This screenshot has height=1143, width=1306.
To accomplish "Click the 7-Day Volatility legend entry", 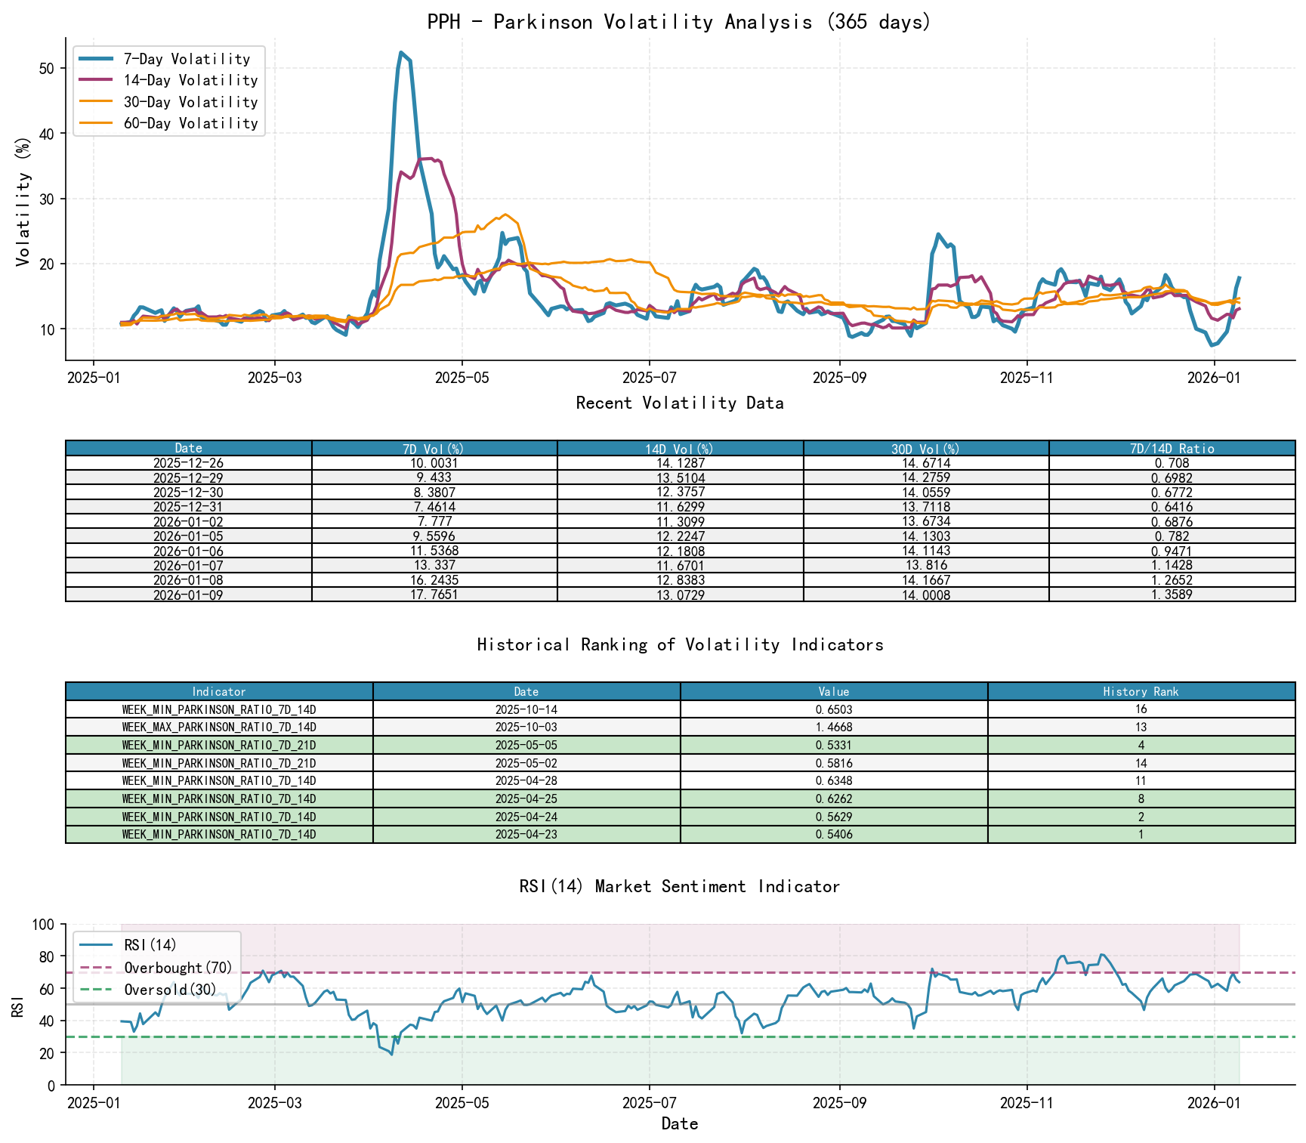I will point(187,59).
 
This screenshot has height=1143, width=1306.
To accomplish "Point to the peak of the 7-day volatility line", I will point(401,52).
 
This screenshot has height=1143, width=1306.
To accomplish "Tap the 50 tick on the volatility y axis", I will point(47,68).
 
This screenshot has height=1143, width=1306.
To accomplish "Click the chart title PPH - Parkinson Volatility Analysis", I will point(679,22).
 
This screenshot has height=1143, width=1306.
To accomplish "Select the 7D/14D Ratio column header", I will point(1172,449).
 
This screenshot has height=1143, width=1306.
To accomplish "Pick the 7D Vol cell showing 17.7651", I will point(434,595).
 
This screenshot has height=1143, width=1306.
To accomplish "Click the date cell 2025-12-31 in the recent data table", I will point(188,507).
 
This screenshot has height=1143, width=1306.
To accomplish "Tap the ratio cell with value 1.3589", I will point(1172,595).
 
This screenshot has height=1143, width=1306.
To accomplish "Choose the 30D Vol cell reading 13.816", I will point(926,566).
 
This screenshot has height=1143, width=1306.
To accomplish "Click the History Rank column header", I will point(1141,691).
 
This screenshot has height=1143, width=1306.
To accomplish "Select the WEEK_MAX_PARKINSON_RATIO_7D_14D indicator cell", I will point(219,728).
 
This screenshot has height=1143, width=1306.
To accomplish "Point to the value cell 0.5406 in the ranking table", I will point(834,835).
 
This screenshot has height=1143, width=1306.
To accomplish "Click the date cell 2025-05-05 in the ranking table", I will point(526,746).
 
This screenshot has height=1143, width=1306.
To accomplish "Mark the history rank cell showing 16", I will point(1141,709).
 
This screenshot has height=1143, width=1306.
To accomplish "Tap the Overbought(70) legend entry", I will point(178,968).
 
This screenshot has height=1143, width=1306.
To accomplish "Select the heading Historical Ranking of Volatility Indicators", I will point(679,644).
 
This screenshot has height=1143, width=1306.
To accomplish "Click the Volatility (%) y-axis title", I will point(23,202).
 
